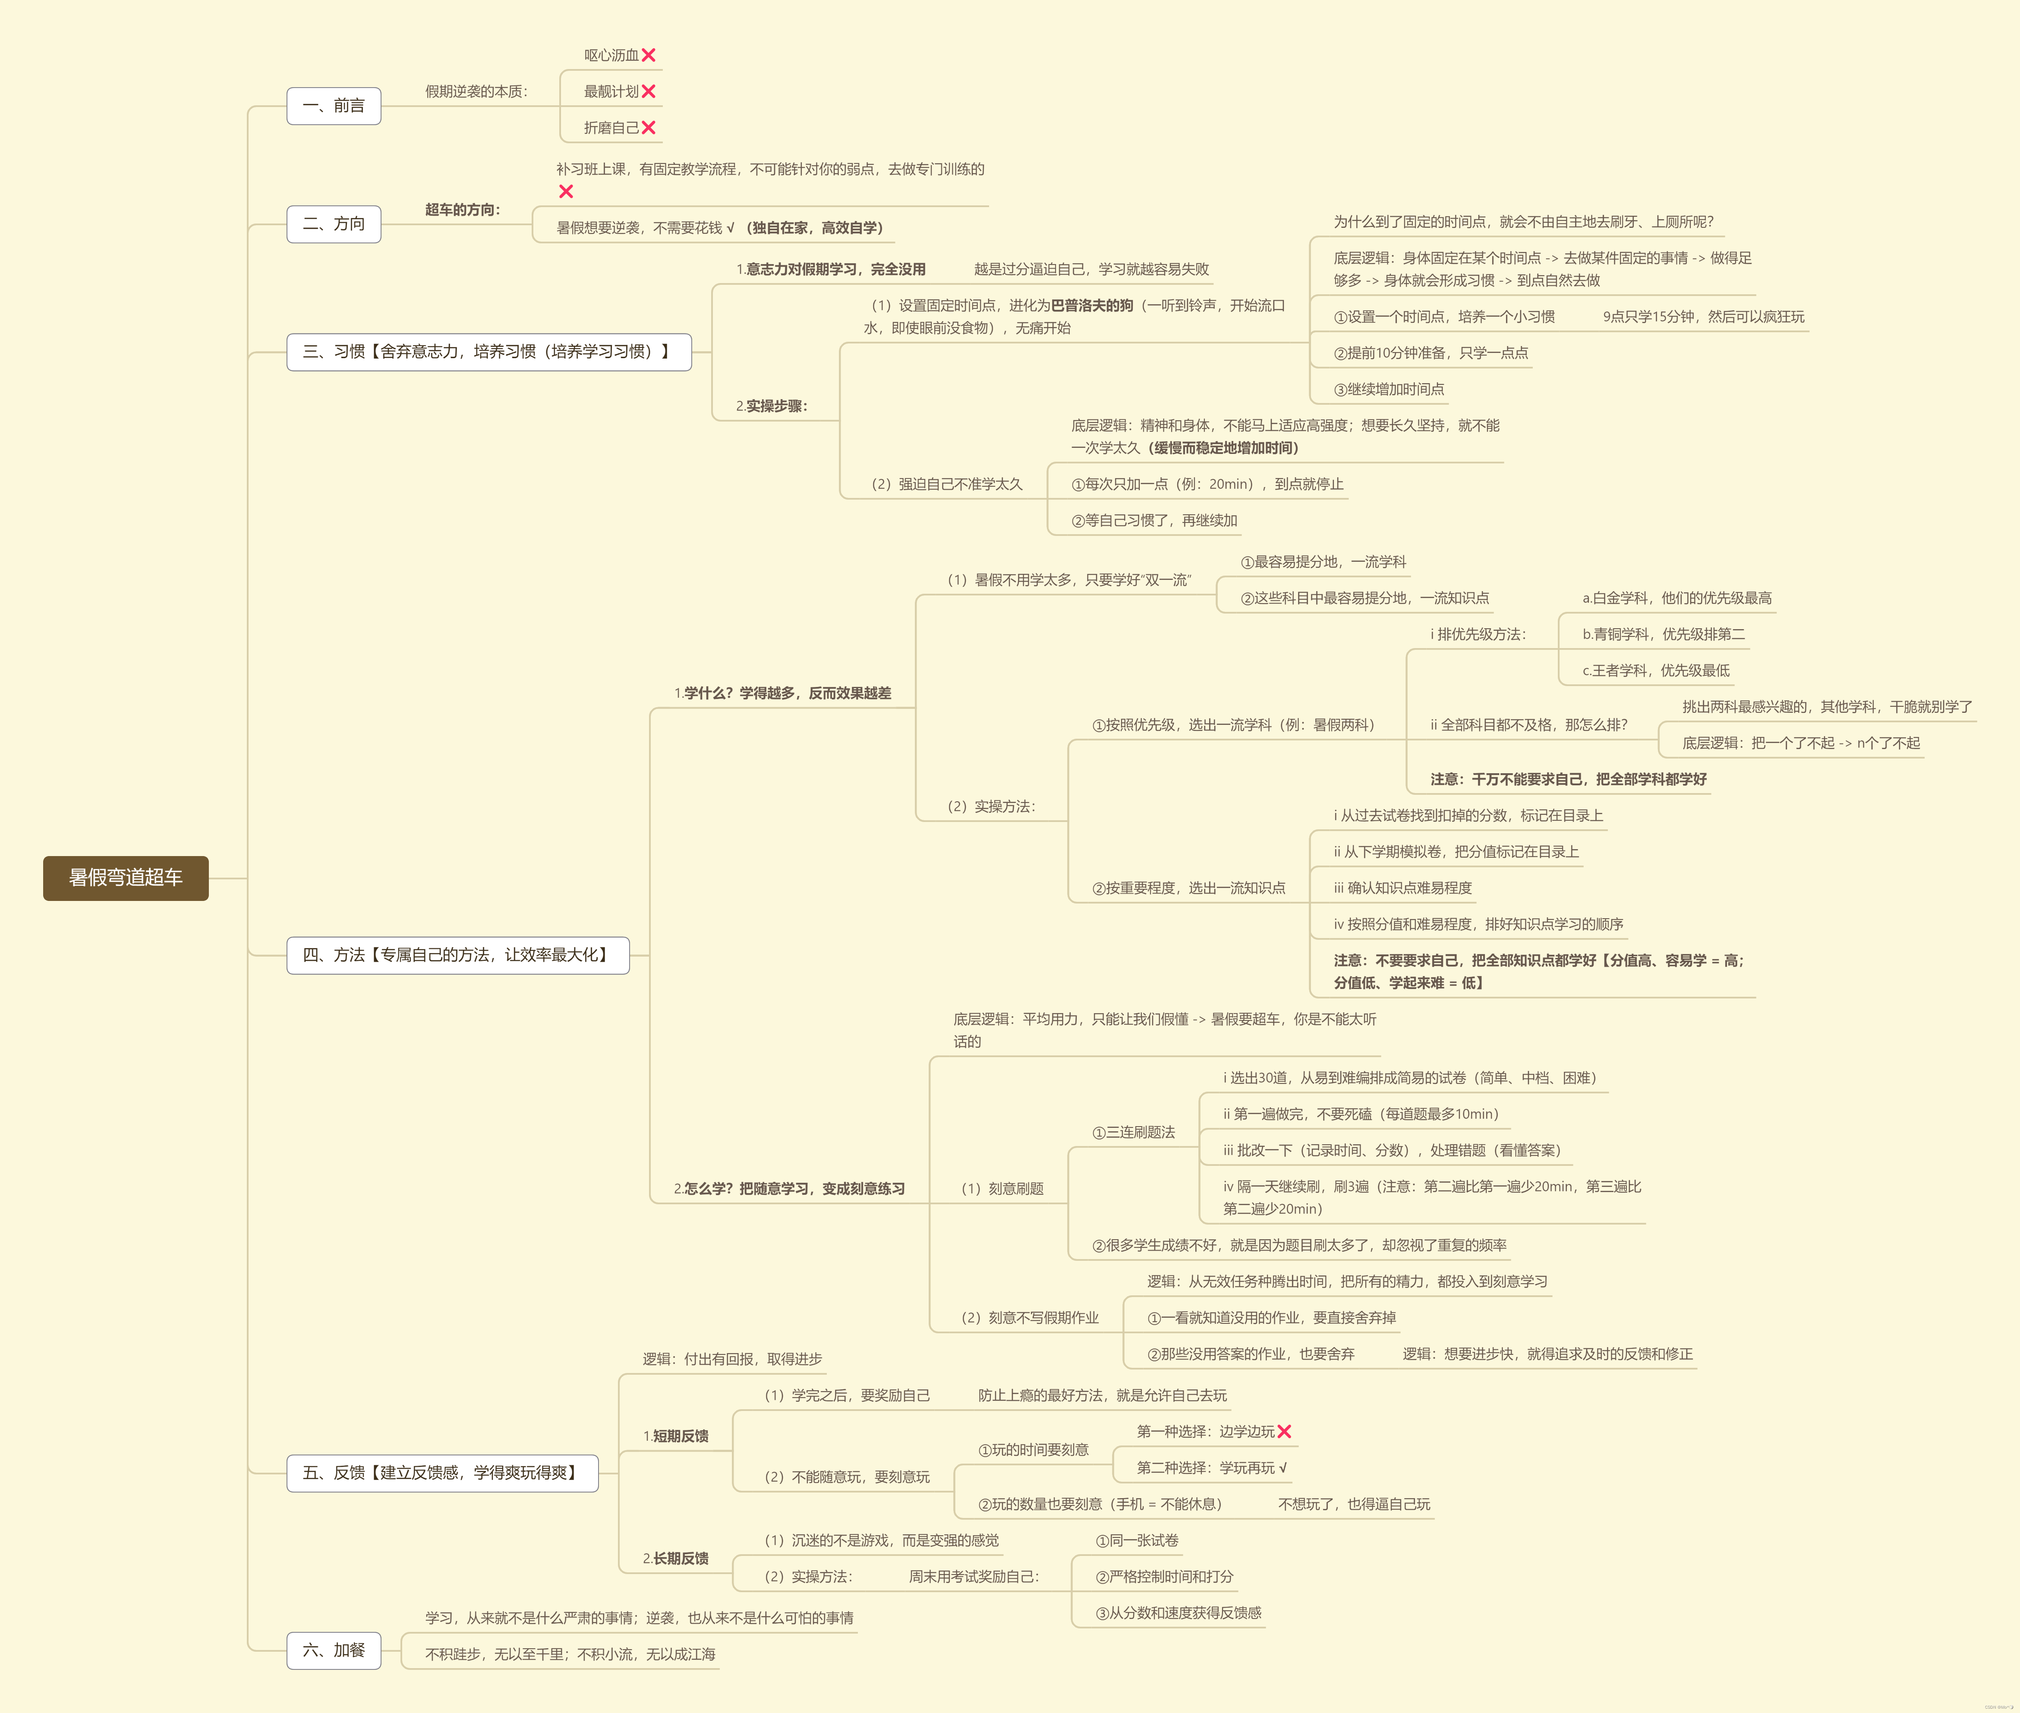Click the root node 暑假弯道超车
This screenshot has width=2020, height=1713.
[125, 878]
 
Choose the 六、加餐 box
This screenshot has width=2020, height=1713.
[333, 1650]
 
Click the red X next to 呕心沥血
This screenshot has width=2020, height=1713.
[649, 55]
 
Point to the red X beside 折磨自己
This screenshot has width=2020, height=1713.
[649, 127]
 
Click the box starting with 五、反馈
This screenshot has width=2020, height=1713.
[442, 1472]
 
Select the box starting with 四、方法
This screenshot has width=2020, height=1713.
[457, 954]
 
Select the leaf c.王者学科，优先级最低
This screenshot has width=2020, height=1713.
[1656, 670]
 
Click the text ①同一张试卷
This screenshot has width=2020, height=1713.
[1137, 1540]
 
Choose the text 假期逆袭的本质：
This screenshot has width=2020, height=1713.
[477, 91]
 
